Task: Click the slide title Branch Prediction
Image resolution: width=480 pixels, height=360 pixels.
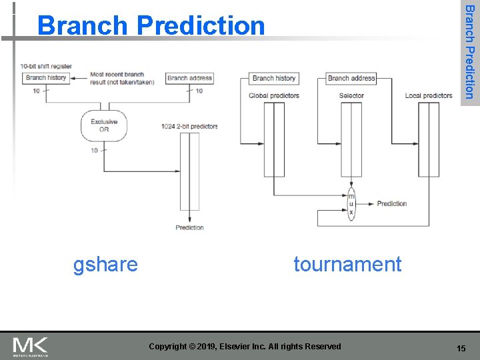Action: pos(151,25)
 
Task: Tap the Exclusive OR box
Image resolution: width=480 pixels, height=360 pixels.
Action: pos(103,125)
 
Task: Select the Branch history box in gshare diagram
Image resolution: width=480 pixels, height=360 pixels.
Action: pos(46,78)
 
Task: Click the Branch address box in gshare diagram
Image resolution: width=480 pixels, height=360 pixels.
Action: pos(189,78)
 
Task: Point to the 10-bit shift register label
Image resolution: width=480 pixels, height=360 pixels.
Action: pos(46,67)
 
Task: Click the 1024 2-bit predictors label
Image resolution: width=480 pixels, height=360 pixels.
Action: pos(189,126)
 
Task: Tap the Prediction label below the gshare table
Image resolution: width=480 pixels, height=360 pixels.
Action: pos(189,228)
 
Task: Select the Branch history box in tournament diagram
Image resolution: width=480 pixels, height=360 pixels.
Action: pos(274,79)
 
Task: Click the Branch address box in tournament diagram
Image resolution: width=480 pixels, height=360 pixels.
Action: pos(351,79)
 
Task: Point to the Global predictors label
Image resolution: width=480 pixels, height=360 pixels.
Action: pos(274,96)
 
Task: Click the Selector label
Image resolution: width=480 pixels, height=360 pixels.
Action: pos(351,96)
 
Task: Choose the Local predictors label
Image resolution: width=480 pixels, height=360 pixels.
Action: pos(429,96)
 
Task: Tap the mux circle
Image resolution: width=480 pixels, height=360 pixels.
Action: pos(351,204)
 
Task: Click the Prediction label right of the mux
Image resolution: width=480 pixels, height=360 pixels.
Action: pos(391,204)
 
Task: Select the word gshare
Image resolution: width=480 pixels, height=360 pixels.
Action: pos(105,265)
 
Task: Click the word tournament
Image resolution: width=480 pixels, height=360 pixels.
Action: pos(347,265)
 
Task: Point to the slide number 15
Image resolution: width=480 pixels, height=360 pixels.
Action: pos(461,349)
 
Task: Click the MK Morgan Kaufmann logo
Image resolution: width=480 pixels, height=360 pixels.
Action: pos(30,347)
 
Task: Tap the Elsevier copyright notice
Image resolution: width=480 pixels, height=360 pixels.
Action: pos(245,347)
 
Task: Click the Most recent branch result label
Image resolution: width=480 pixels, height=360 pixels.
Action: pos(122,79)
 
